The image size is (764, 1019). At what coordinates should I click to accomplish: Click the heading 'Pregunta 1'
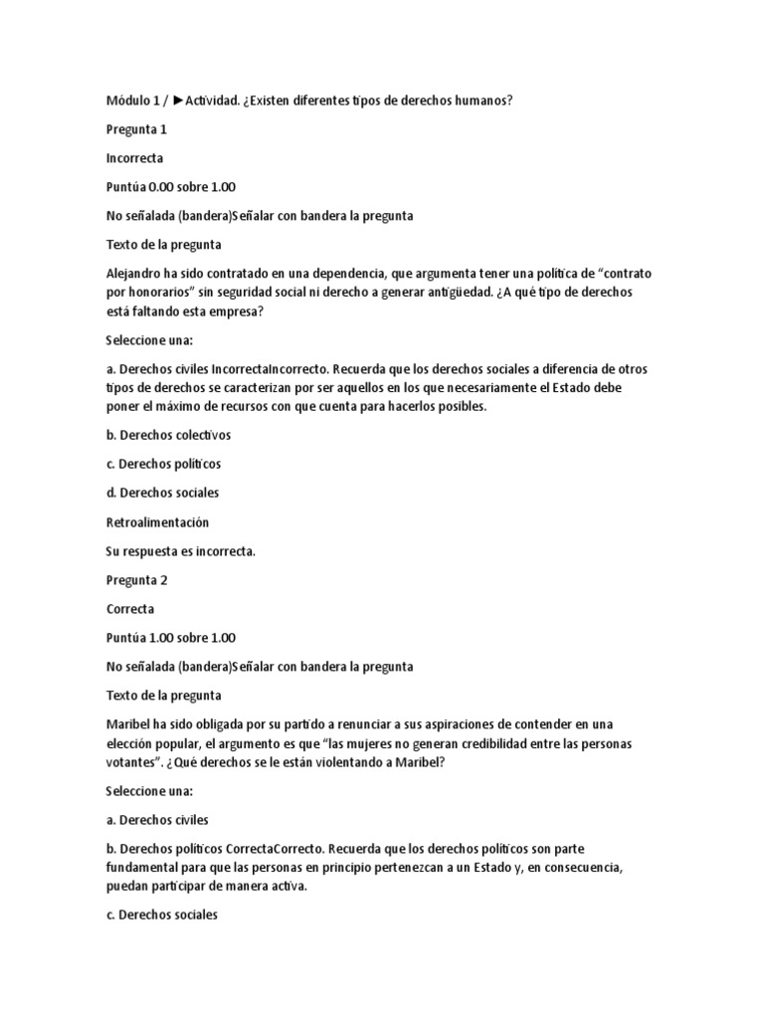click(x=138, y=129)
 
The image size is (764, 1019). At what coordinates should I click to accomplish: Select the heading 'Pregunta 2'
click(x=138, y=579)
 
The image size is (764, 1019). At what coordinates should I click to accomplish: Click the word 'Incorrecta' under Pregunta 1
click(x=134, y=157)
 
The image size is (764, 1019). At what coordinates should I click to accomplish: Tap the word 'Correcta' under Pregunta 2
click(x=129, y=608)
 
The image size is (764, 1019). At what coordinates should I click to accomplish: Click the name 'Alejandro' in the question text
click(x=135, y=273)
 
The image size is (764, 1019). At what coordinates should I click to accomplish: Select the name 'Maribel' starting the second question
click(x=129, y=724)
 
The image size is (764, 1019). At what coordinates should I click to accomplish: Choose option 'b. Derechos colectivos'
click(x=168, y=435)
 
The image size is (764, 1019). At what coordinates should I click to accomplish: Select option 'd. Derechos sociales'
click(x=162, y=493)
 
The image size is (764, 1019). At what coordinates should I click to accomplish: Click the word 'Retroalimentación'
click(x=157, y=521)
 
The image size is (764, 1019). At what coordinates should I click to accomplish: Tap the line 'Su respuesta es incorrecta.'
click(x=180, y=550)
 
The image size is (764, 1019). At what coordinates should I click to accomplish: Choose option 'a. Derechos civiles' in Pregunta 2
click(x=157, y=820)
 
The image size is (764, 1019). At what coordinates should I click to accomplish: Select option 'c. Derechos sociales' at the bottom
click(x=161, y=916)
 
